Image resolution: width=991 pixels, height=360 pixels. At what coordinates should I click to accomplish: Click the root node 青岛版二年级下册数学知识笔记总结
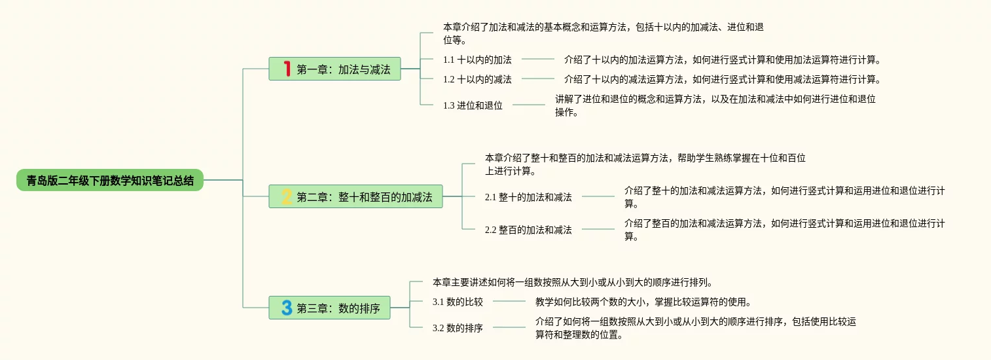click(110, 180)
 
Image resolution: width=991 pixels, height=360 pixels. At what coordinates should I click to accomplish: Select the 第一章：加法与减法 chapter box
click(334, 69)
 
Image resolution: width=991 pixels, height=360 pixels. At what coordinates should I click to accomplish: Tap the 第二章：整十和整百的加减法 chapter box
click(355, 196)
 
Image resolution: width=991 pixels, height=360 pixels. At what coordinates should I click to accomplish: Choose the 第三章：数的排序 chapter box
click(329, 308)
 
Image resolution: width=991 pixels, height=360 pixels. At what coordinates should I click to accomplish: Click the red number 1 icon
click(286, 69)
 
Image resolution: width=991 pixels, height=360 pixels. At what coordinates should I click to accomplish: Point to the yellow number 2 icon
click(286, 196)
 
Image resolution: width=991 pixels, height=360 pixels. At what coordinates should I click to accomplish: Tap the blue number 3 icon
click(286, 308)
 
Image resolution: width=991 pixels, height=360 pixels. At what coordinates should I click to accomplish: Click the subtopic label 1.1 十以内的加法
click(477, 60)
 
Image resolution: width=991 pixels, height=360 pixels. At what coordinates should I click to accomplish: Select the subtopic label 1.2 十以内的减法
click(477, 79)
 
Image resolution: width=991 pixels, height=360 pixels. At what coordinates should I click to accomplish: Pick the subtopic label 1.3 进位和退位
click(473, 105)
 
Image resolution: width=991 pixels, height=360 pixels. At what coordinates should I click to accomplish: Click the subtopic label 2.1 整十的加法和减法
click(528, 196)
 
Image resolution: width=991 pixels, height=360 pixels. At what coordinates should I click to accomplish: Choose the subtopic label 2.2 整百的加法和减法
click(528, 230)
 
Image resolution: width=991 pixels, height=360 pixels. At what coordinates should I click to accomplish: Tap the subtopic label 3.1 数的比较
click(458, 302)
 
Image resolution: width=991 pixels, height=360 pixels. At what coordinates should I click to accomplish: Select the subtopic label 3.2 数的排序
click(458, 328)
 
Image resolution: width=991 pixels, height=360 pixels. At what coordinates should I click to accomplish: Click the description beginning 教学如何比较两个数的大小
click(642, 302)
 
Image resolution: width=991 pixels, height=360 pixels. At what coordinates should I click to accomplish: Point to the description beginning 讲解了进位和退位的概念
click(715, 105)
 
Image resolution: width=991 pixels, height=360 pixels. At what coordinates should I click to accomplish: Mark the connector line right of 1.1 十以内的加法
click(538, 60)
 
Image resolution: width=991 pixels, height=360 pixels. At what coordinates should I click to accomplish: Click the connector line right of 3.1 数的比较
click(509, 302)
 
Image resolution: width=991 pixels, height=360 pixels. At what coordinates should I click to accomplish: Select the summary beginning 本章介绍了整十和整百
click(645, 164)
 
